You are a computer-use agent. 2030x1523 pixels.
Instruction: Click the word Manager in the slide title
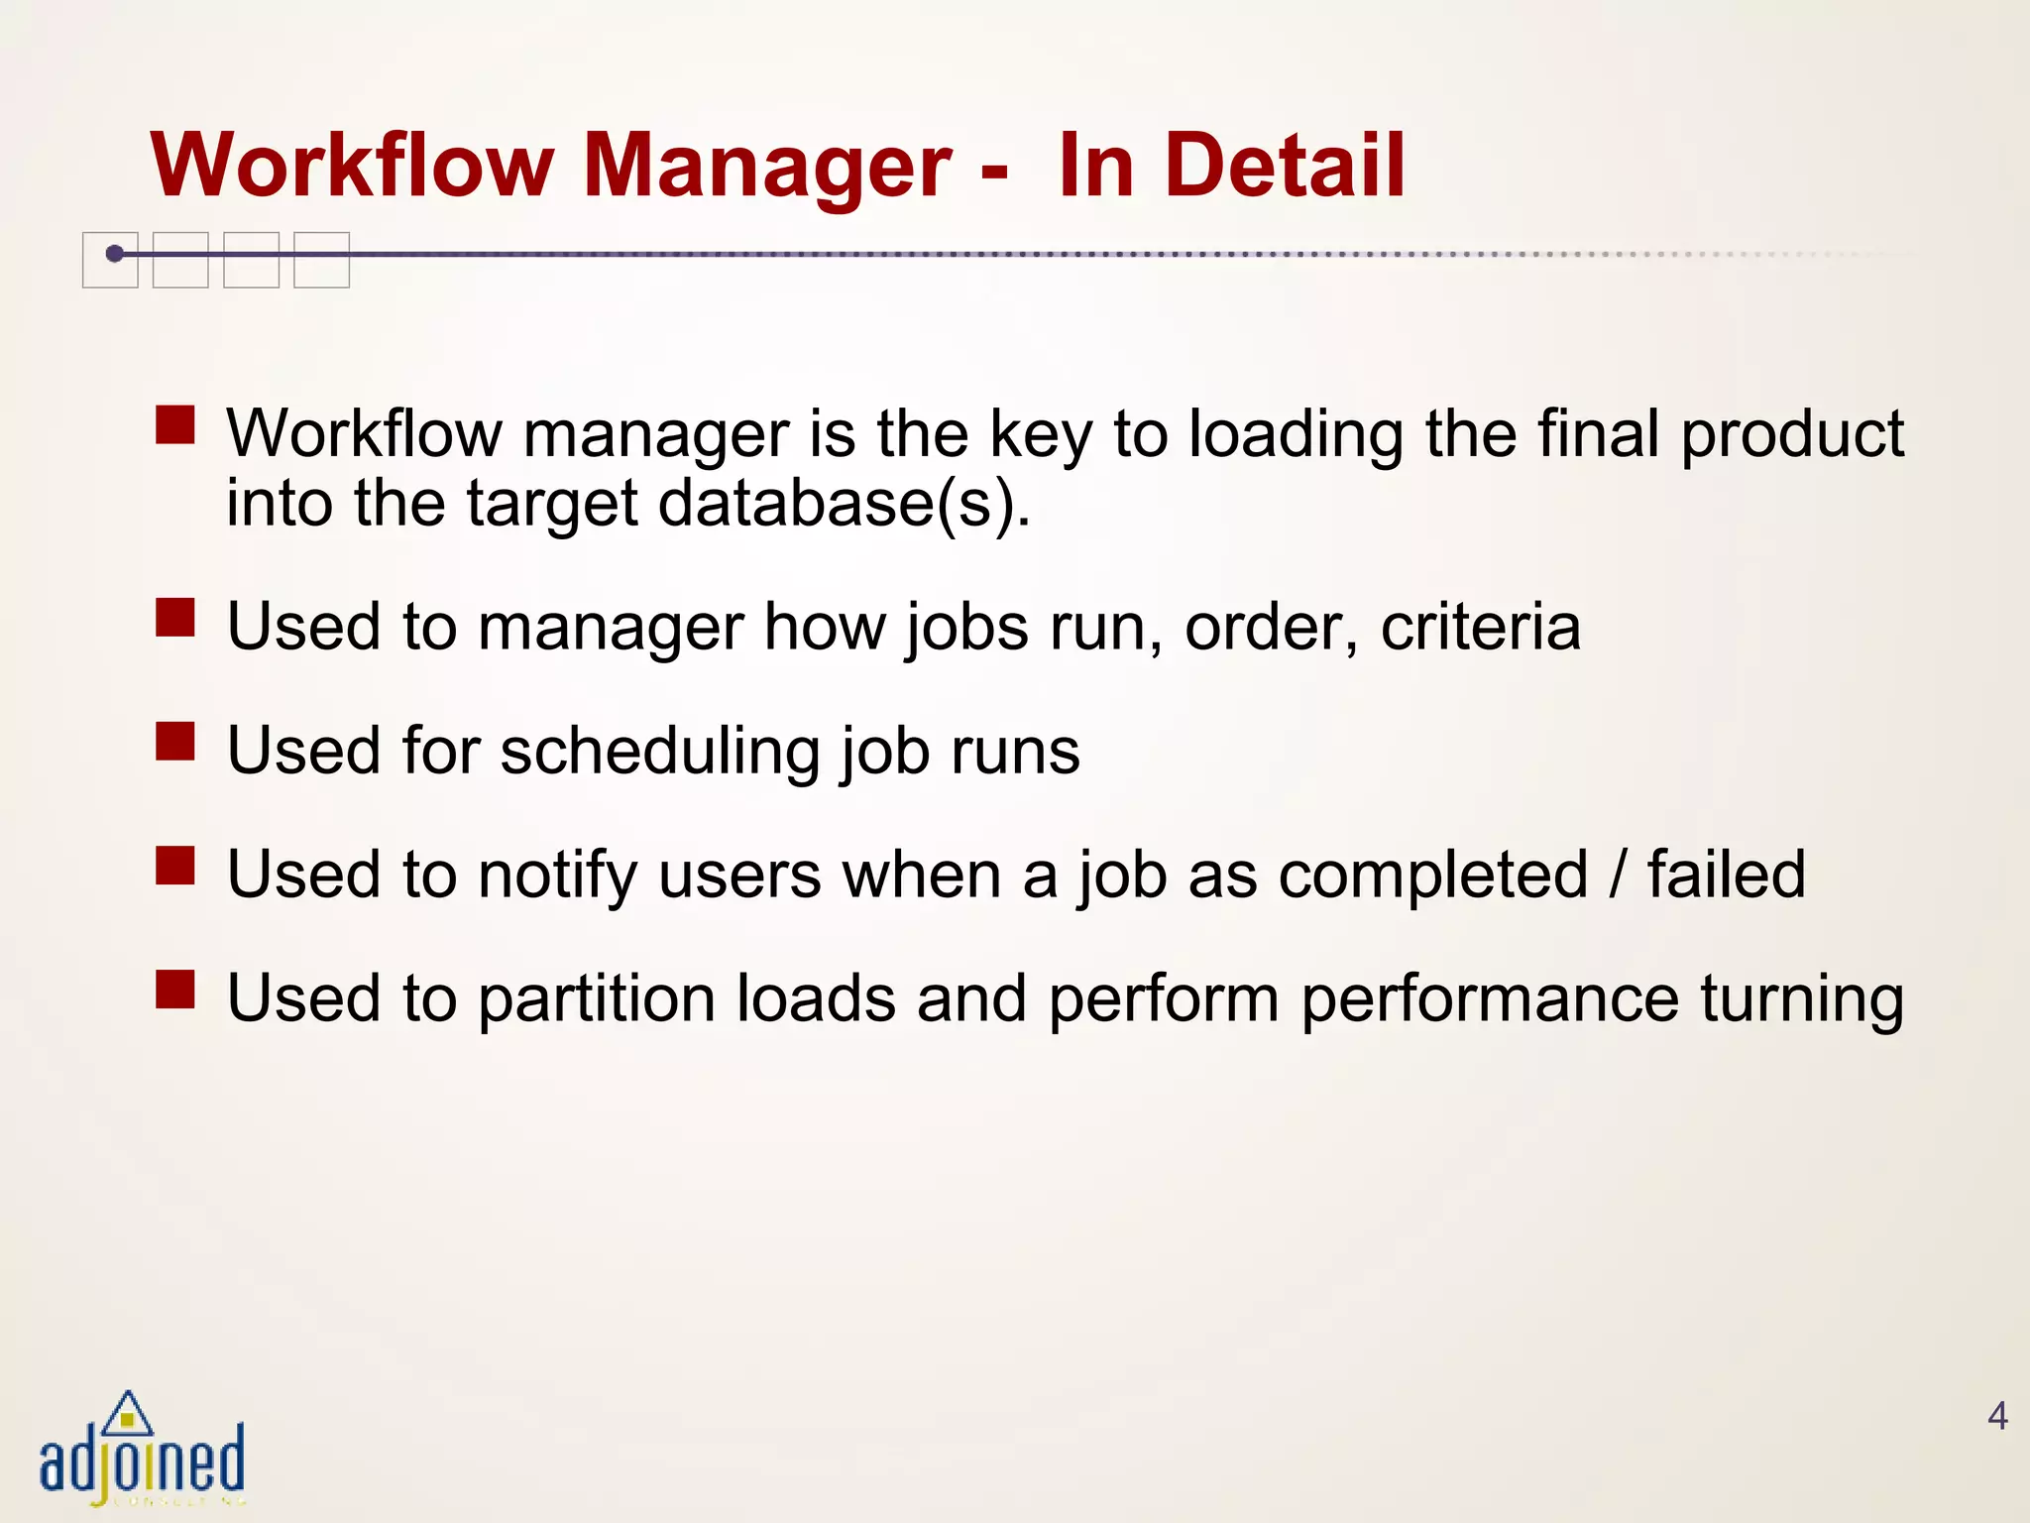[x=767, y=166]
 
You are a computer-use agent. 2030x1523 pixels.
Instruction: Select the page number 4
[x=1997, y=1416]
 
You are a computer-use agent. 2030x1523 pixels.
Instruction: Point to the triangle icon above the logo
[x=128, y=1413]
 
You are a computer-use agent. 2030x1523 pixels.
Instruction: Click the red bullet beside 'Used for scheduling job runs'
[x=175, y=741]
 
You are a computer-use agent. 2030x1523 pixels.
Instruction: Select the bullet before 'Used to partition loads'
[x=175, y=989]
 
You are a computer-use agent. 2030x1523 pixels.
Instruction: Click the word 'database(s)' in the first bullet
[x=845, y=504]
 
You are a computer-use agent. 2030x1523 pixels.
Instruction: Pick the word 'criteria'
[x=1480, y=627]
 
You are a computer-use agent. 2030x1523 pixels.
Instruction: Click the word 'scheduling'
[x=659, y=752]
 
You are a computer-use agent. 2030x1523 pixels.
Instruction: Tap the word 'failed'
[x=1726, y=875]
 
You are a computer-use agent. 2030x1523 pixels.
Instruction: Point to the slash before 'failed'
[x=1619, y=875]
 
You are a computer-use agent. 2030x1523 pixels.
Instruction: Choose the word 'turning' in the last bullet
[x=1802, y=998]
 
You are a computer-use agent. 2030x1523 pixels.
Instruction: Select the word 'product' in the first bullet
[x=1792, y=434]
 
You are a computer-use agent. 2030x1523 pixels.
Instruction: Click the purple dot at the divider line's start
[x=115, y=254]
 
